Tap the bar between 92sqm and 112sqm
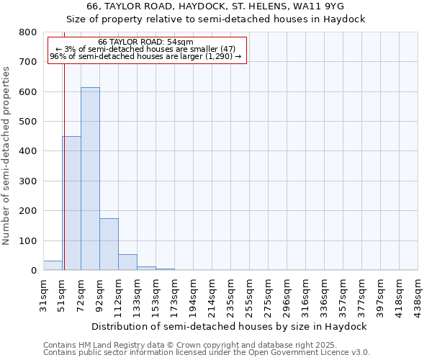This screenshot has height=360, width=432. [x=109, y=244]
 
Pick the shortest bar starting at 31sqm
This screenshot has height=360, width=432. [x=53, y=265]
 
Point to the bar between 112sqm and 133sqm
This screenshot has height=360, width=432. [x=127, y=262]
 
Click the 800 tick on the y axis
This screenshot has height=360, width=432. [x=28, y=32]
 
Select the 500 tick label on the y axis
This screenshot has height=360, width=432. [x=28, y=122]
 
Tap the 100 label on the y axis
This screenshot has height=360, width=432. [x=28, y=240]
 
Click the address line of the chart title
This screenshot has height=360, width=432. [x=215, y=6]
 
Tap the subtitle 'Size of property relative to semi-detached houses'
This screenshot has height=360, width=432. [x=215, y=19]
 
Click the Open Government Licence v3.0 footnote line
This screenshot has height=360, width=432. [x=206, y=353]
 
